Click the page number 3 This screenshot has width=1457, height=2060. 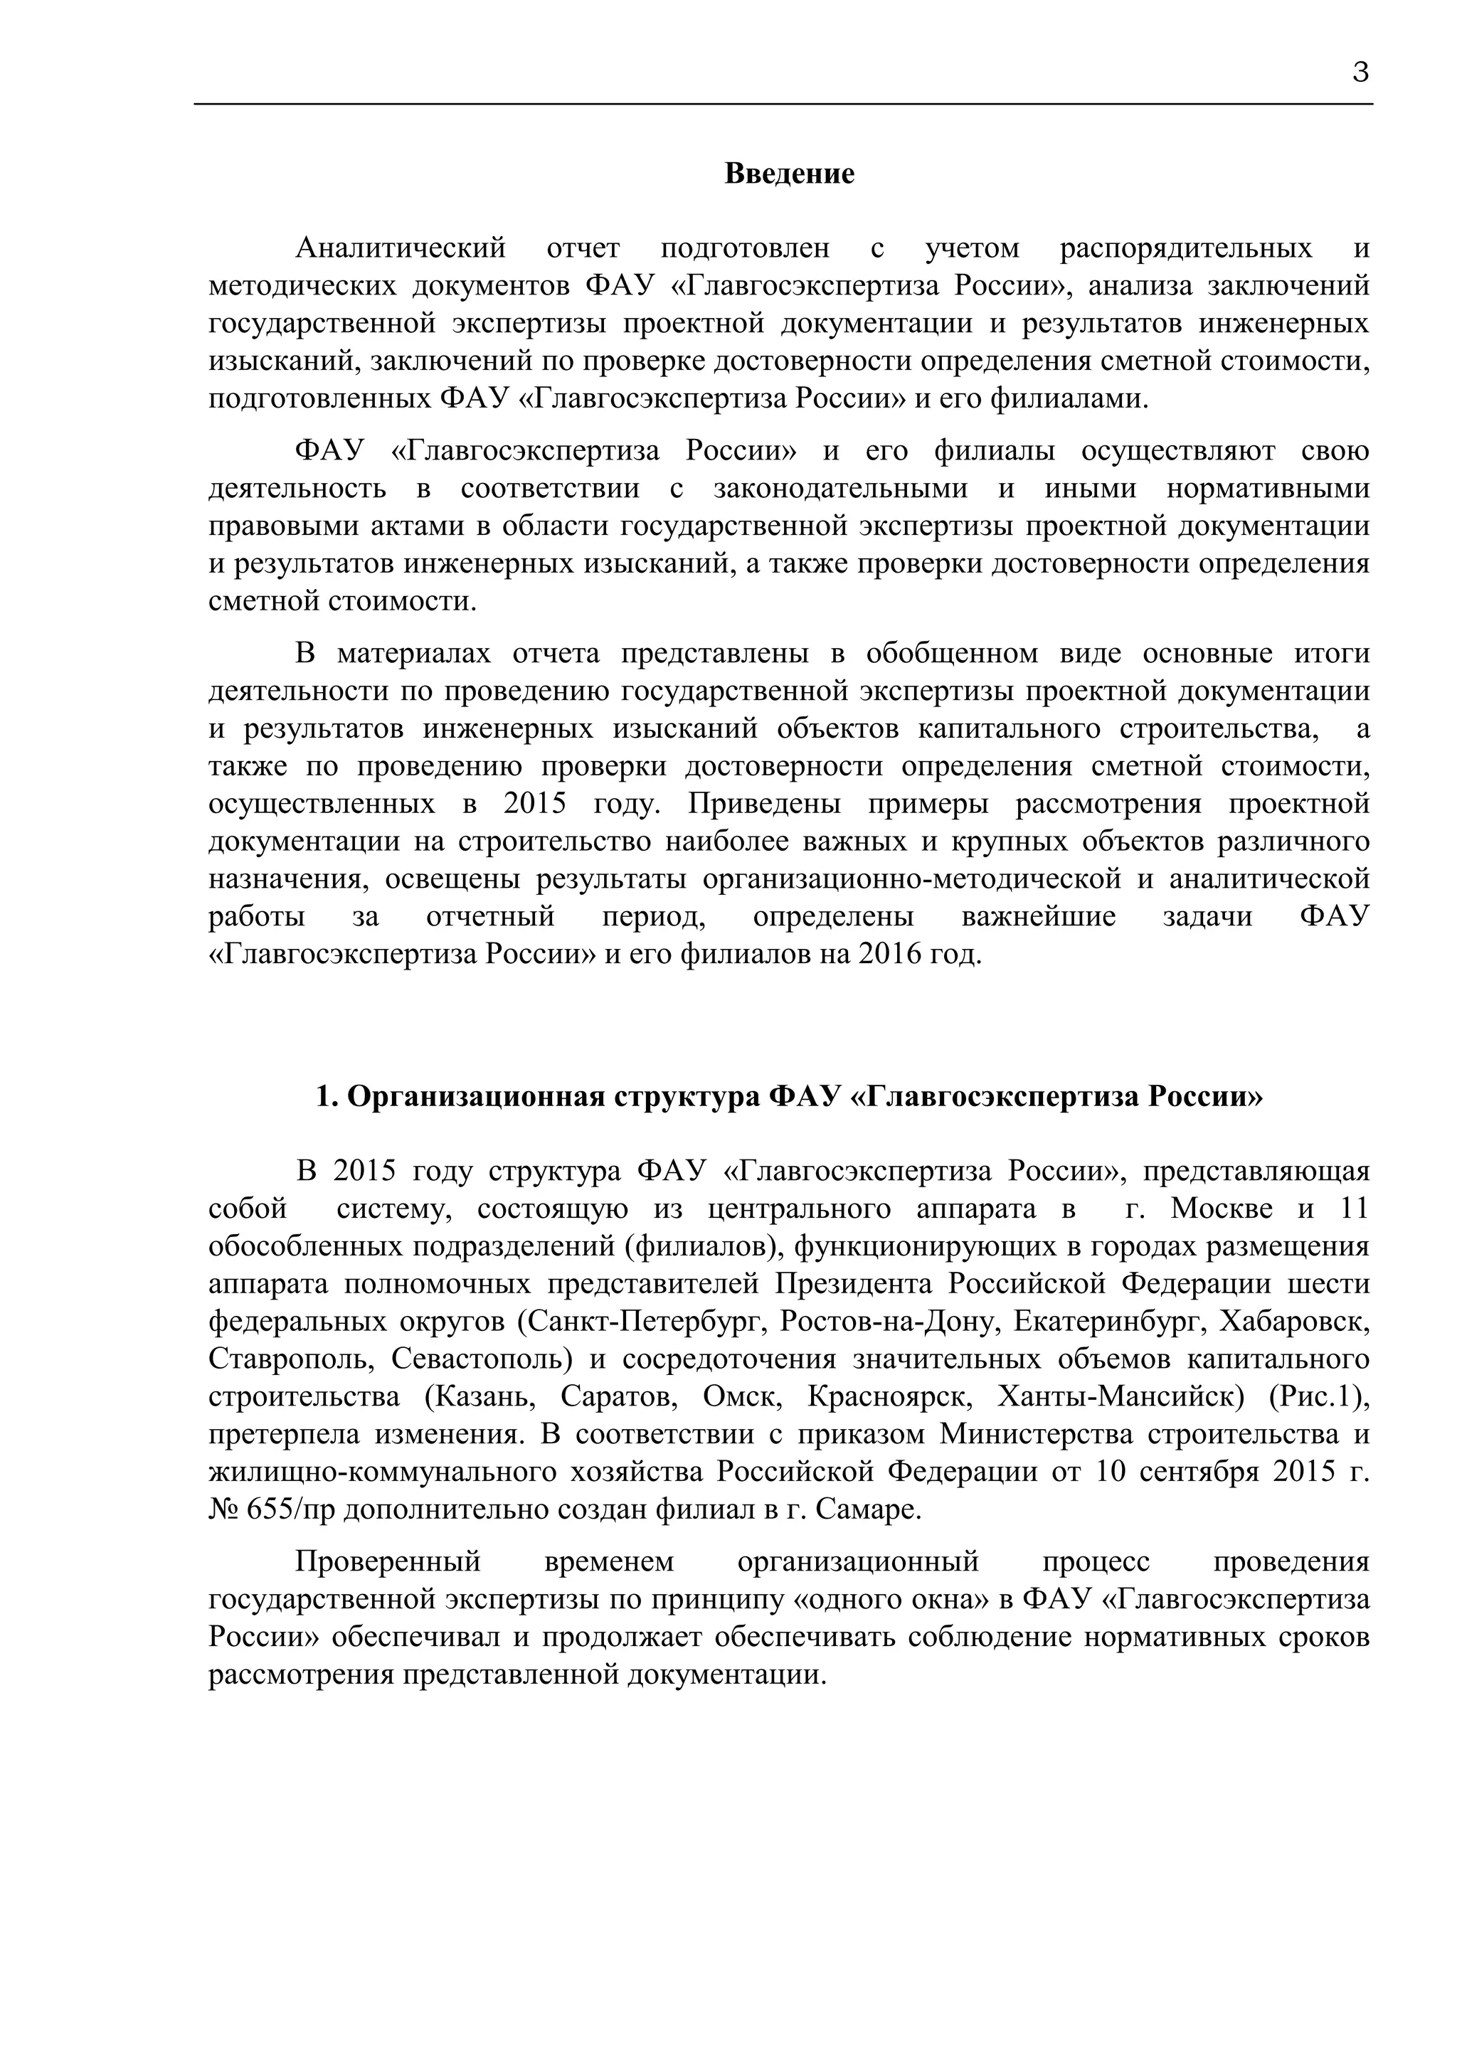coord(1360,72)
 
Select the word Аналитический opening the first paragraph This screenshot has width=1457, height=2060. coord(401,248)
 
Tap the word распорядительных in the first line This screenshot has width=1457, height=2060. coord(1185,248)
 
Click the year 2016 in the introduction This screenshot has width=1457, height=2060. coord(890,954)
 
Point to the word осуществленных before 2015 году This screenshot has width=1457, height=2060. coord(321,803)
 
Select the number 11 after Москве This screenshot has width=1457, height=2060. coord(1354,1209)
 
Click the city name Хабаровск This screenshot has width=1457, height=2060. coord(1295,1322)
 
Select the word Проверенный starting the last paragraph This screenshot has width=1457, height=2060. coord(388,1562)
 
